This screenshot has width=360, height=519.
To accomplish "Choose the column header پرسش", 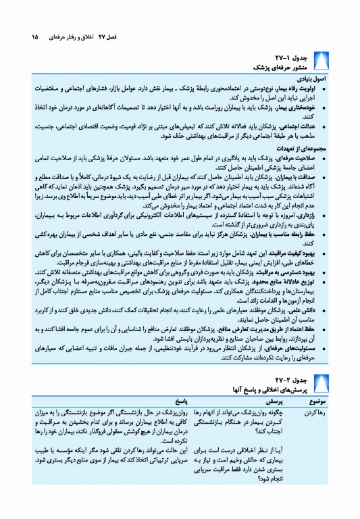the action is [x=262, y=400].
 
